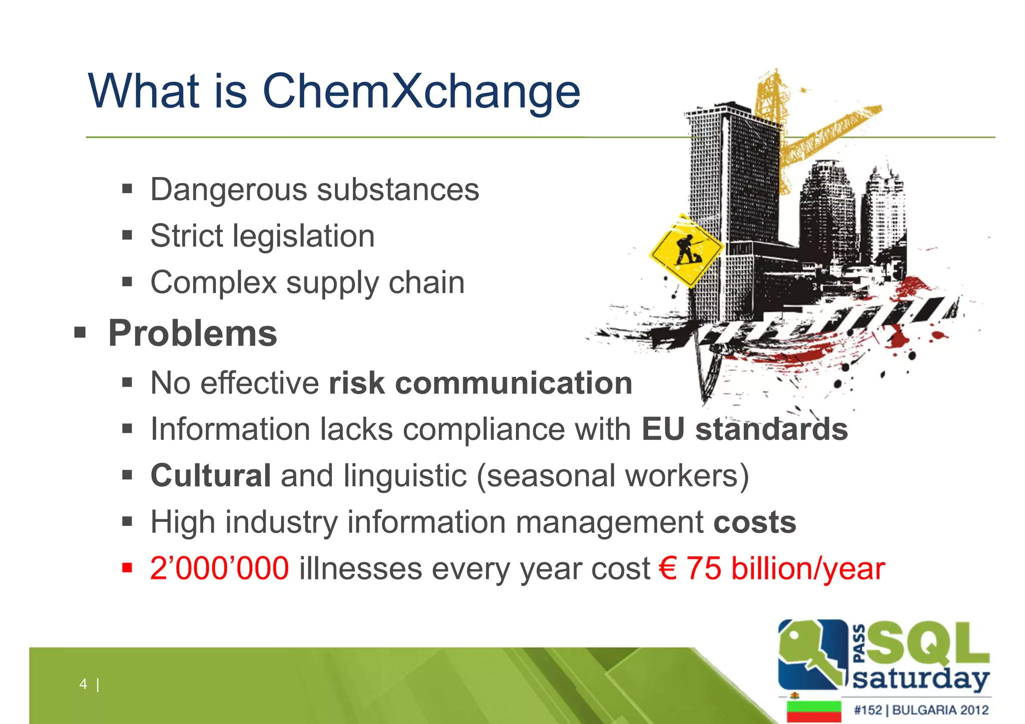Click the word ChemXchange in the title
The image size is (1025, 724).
pyautogui.click(x=421, y=92)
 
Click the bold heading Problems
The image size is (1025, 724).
pyautogui.click(x=193, y=333)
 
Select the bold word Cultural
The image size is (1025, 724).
pyautogui.click(x=211, y=475)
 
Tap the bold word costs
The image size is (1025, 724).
pyautogui.click(x=754, y=522)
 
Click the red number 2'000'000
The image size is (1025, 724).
pyautogui.click(x=219, y=569)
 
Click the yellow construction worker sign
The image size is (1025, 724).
pyautogui.click(x=686, y=250)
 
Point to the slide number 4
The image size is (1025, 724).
pyautogui.click(x=83, y=684)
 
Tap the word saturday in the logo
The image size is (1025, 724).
pyautogui.click(x=920, y=679)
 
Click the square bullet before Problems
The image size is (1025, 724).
pyautogui.click(x=80, y=332)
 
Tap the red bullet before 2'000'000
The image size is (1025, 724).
pyautogui.click(x=127, y=568)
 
